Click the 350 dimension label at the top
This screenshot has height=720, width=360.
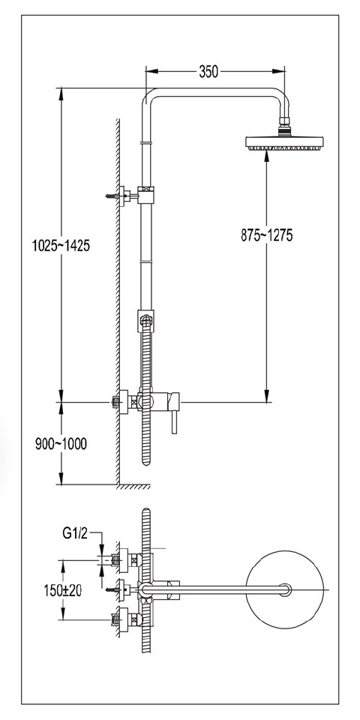click(208, 72)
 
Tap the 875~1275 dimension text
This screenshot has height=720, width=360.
click(266, 235)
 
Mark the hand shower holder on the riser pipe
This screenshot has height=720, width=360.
click(146, 321)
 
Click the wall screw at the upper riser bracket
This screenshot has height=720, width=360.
click(114, 196)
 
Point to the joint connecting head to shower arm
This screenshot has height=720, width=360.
click(283, 128)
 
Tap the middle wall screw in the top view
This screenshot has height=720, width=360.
click(116, 589)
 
